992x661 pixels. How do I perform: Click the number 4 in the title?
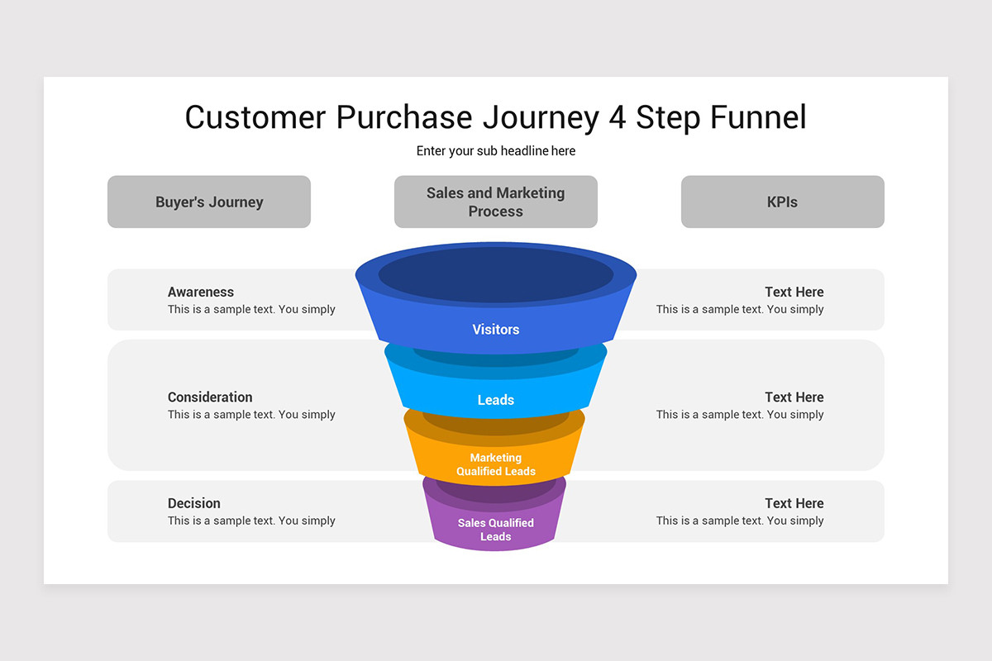coord(617,117)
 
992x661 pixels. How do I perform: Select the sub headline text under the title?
coord(496,151)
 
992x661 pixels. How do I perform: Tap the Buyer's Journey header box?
coord(209,202)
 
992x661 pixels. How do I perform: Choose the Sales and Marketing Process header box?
coord(496,202)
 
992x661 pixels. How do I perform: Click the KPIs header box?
coord(782,202)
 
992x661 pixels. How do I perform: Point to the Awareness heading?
coord(201,292)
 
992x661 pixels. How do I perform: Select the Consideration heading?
coord(210,397)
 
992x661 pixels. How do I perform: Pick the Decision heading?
coord(194,503)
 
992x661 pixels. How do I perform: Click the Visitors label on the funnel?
coord(496,330)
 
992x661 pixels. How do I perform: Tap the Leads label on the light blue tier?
coord(496,400)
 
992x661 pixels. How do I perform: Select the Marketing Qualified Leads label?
coord(496,464)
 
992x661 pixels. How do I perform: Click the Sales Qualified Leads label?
coord(496,530)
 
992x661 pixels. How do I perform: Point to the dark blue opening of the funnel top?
coord(496,274)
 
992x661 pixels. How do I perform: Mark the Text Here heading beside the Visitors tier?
coord(794,292)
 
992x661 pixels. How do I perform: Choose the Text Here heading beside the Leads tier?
coord(794,397)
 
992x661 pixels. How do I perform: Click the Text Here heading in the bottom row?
coord(794,503)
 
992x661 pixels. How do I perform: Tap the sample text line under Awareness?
coord(251,310)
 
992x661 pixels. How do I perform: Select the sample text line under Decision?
coord(251,521)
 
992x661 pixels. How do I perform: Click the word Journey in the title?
coord(541,117)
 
